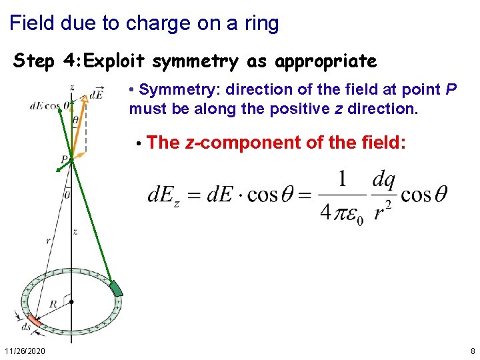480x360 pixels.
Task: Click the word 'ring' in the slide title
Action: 261,24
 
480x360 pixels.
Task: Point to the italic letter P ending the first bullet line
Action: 451,90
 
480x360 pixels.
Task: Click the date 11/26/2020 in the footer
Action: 25,351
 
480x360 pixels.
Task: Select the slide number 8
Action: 472,351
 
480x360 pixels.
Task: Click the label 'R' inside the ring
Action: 52,303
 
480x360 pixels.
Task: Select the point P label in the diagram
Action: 64,160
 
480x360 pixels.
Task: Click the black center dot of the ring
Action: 71,301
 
